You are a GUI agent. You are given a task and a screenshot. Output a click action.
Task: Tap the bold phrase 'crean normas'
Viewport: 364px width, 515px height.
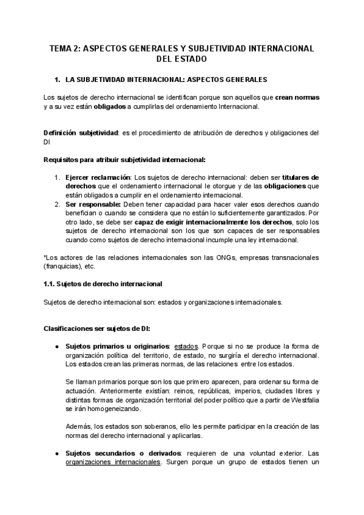(297, 97)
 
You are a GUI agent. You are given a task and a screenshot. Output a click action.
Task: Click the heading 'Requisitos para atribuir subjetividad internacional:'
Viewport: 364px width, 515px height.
(125, 160)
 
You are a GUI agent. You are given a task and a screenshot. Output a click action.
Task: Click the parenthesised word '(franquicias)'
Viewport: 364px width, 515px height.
(64, 266)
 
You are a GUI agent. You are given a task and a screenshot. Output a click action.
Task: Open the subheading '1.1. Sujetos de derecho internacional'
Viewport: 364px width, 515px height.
(103, 284)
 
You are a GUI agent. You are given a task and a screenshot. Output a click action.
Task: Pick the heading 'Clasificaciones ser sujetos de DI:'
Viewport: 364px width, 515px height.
(101, 328)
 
